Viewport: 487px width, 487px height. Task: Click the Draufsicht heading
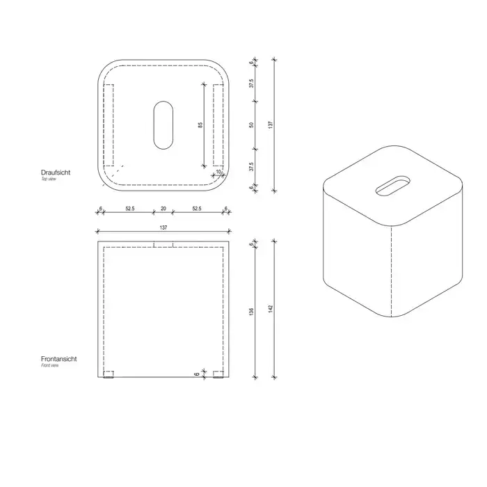click(x=56, y=173)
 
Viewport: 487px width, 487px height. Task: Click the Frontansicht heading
click(x=58, y=359)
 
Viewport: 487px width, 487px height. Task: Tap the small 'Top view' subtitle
click(x=49, y=179)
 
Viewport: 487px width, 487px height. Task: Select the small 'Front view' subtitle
click(x=49, y=365)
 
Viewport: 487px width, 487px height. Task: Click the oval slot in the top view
click(x=163, y=125)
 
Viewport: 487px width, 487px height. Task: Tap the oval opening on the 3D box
click(x=392, y=186)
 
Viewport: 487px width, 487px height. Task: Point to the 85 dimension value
click(x=200, y=125)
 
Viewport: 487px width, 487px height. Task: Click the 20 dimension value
click(x=163, y=209)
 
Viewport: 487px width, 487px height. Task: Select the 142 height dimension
click(x=271, y=309)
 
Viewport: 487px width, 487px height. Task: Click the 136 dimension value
click(x=252, y=312)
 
